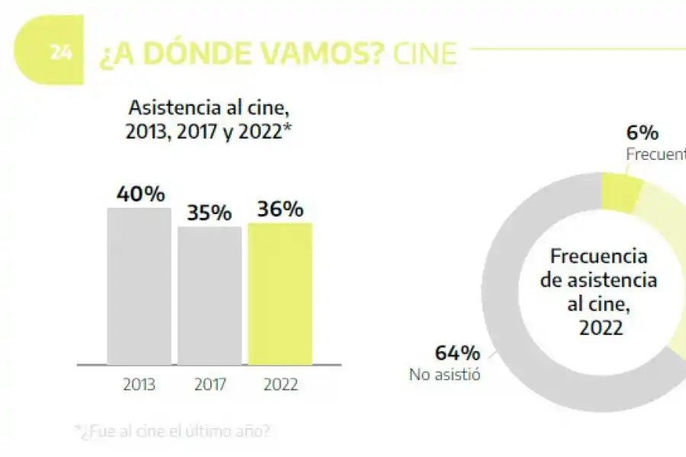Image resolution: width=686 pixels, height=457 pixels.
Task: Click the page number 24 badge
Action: coord(61,53)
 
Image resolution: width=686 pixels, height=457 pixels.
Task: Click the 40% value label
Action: coord(140,194)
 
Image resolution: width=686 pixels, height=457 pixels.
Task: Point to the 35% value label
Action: coord(210,213)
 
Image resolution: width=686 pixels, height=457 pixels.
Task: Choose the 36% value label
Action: coord(280,209)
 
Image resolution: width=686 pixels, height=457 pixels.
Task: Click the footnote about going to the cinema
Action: coord(172,431)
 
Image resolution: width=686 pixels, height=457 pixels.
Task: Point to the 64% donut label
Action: coord(457,353)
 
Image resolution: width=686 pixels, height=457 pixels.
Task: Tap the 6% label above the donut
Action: coord(643,133)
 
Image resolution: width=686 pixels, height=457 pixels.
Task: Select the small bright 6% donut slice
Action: coord(620,192)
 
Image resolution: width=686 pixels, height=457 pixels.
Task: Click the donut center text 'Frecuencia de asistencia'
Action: coord(598,268)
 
